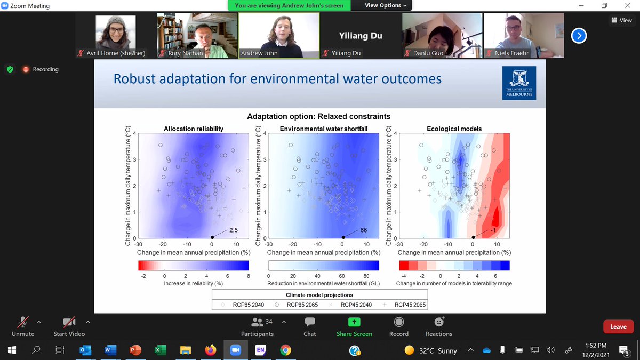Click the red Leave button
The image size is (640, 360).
[x=618, y=326]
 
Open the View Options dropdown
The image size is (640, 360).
[x=386, y=5]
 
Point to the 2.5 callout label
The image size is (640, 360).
[x=234, y=230]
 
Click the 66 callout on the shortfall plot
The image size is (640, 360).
[x=364, y=230]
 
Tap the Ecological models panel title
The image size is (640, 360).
[x=454, y=129]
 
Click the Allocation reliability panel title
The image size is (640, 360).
[x=193, y=129]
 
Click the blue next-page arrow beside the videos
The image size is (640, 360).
[x=579, y=36]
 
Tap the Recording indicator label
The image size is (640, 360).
[x=45, y=69]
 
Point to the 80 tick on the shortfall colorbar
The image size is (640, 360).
[x=367, y=276]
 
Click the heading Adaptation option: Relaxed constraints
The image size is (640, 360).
[x=318, y=116]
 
